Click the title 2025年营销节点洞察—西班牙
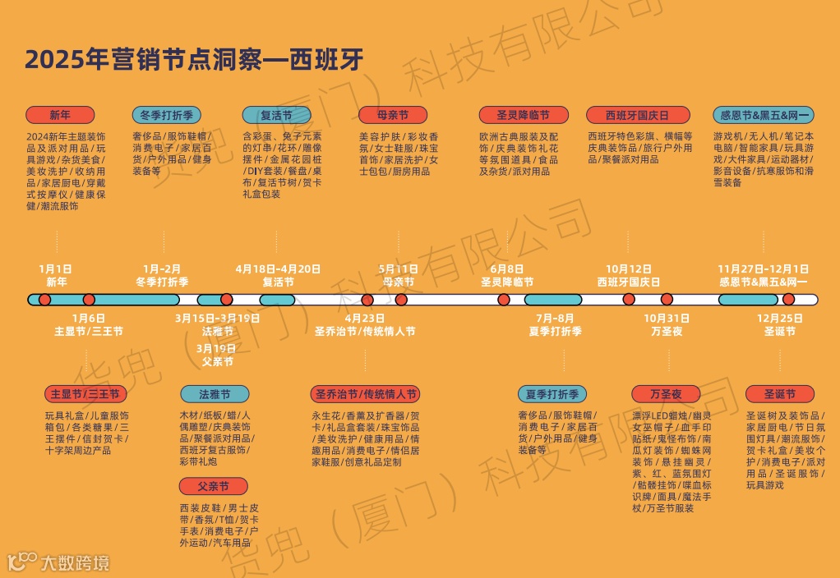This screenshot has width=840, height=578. coord(194,60)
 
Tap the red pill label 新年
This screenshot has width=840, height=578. coord(60,115)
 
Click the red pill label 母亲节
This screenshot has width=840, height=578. coord(392,115)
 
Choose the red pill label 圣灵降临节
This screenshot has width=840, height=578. coord(523,115)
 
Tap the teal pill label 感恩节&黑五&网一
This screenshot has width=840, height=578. coord(764,115)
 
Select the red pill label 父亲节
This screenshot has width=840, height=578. coord(213,486)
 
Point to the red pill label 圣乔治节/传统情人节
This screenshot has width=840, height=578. coord(364,394)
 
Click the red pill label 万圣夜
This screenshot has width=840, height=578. coord(666,394)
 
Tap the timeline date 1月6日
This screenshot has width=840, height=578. coord(89,319)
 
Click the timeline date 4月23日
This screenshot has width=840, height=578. coord(365,319)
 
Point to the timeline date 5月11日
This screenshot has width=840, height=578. coord(399,268)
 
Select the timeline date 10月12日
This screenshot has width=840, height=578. coord(629,268)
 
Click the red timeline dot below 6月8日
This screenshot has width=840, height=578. coord(503,300)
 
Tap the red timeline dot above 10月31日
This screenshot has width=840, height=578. coord(667,300)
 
